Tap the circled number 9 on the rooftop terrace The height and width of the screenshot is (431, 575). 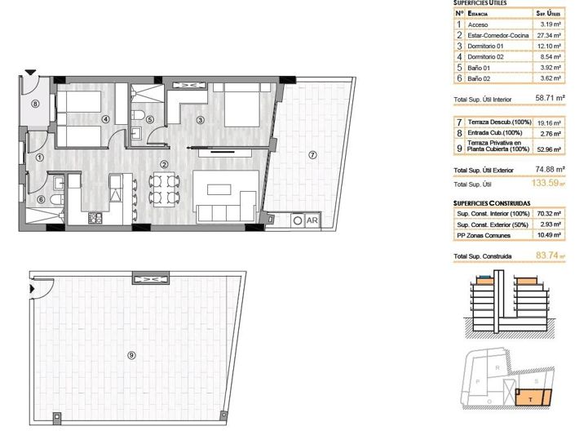pos(132,354)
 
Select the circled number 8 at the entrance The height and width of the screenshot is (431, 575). pos(35,104)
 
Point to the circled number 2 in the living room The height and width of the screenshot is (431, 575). pos(164,163)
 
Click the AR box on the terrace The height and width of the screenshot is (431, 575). pos(312,220)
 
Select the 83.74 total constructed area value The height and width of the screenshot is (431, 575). pos(543,255)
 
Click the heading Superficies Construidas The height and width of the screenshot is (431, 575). pos(492,201)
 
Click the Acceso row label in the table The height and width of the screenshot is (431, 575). pos(478,25)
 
